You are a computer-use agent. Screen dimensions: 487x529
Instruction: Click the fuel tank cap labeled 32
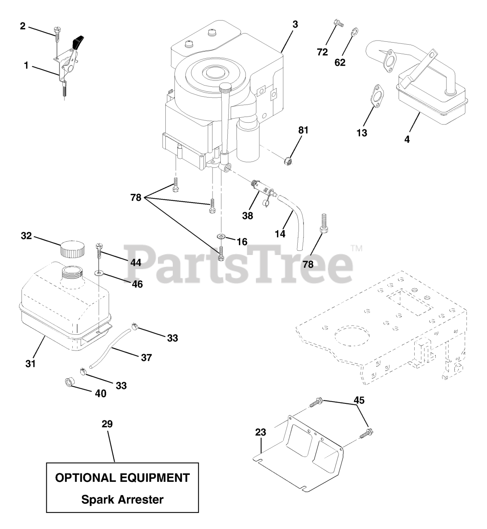tap(73, 248)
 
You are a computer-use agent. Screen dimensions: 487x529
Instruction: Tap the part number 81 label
tap(303, 130)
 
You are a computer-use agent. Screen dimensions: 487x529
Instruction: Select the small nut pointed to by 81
tap(288, 160)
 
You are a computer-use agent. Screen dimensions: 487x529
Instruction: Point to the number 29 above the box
tap(107, 424)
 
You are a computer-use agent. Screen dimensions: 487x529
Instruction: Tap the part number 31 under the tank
tap(30, 364)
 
